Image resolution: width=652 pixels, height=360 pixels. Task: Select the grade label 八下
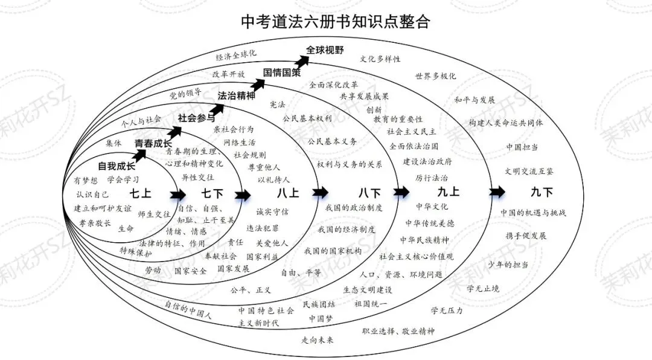click(x=369, y=193)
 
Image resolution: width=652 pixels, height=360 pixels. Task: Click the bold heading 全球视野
click(x=325, y=50)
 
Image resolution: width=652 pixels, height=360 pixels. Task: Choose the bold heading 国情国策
click(x=281, y=72)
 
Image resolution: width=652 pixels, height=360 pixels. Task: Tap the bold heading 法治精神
click(x=236, y=95)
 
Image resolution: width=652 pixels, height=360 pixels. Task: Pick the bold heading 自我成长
click(x=117, y=166)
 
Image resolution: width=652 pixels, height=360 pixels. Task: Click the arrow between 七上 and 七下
click(x=178, y=194)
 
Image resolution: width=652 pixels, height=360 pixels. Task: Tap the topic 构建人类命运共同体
click(x=505, y=123)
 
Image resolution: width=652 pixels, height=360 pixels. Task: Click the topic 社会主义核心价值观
click(x=416, y=257)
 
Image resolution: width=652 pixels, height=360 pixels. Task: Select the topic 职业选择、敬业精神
click(x=398, y=331)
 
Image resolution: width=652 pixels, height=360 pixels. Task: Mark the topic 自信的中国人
click(x=188, y=309)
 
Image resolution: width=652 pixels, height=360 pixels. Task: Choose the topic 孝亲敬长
click(x=95, y=223)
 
